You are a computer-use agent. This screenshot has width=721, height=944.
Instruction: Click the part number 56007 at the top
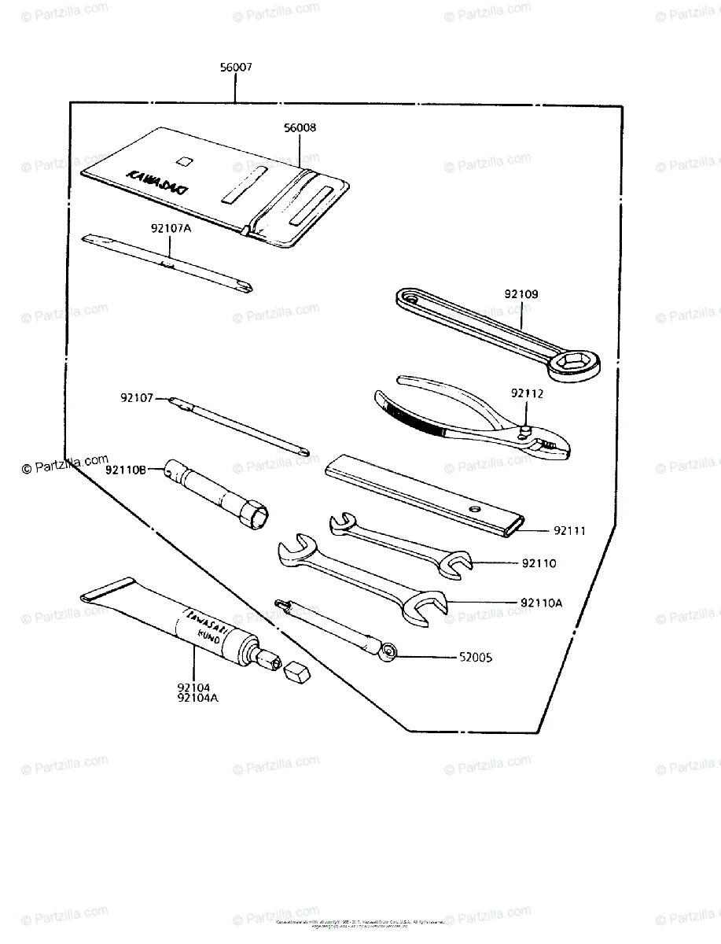(x=236, y=68)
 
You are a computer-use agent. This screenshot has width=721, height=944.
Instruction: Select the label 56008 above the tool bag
(x=300, y=127)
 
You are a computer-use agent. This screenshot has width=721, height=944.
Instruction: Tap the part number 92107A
(x=171, y=229)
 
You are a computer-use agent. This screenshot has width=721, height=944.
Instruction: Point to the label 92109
(x=521, y=294)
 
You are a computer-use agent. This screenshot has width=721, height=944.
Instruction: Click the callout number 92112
(x=527, y=393)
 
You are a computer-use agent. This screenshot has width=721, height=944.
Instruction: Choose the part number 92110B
(x=127, y=470)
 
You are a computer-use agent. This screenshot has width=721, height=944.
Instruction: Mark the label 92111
(x=569, y=531)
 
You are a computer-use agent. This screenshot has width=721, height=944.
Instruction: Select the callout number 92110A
(x=542, y=604)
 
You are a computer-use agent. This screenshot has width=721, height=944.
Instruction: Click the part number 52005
(x=476, y=657)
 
